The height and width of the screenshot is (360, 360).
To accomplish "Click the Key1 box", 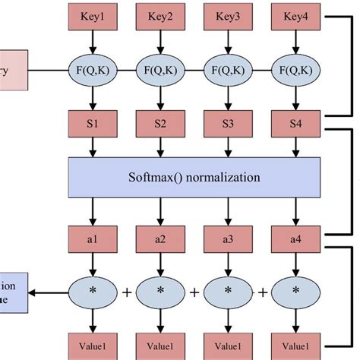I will coord(93,14).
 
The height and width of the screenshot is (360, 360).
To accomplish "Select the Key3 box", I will coord(228,14).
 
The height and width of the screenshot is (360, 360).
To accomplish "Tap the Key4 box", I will coord(295,14).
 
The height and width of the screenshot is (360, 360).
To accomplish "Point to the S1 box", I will coord(93,122).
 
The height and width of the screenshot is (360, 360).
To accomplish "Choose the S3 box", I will coord(228,122).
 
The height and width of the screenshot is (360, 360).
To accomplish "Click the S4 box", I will coord(295,122).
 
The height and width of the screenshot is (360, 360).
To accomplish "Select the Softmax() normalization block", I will coord(194,178).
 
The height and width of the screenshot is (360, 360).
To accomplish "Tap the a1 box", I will coord(93,238).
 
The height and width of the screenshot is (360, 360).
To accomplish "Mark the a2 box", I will coord(161,238).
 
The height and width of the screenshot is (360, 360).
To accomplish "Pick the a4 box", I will coord(295,238).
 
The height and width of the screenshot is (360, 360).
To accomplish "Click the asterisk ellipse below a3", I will coord(228,292).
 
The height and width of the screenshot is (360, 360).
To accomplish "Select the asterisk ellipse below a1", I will coord(93,292).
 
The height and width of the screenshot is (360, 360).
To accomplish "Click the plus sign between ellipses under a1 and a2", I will coord(127,292).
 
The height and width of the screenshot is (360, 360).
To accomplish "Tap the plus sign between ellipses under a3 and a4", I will coord(262,292).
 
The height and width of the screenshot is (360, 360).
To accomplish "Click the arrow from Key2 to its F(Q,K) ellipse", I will coord(161,39).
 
